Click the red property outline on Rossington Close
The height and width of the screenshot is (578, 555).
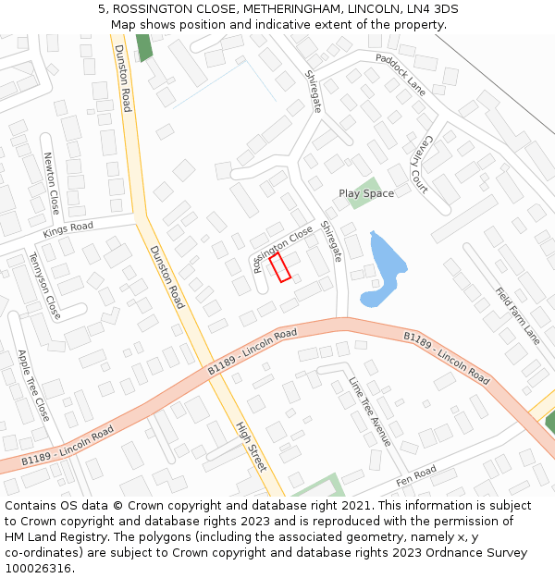tap(280, 266)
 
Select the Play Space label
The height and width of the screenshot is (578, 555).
tap(366, 193)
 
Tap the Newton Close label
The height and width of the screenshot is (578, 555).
tap(51, 183)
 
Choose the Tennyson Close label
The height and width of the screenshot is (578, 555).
tap(44, 286)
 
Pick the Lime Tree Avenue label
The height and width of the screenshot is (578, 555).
tap(370, 411)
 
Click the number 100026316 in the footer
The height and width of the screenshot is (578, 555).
tap(38, 568)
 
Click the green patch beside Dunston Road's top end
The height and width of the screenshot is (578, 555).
tap(143, 47)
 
